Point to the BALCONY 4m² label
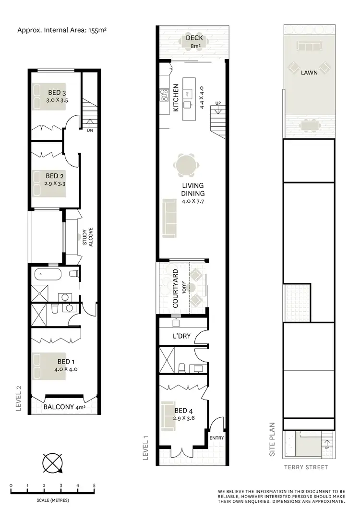tap(64, 408)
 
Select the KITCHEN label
tap(176, 98)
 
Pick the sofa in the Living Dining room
tap(168, 218)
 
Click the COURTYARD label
tap(175, 289)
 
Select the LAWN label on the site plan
tap(309, 73)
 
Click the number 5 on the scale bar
tap(94, 486)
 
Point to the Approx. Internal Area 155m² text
tap(61, 30)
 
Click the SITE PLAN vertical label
tap(272, 439)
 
